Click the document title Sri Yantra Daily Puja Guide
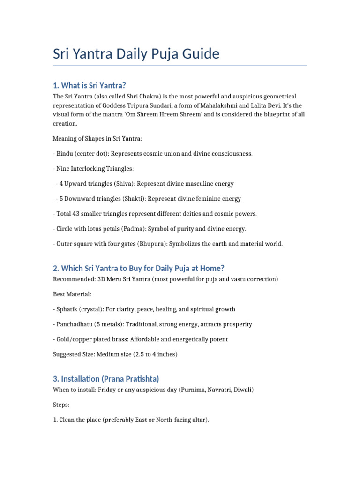pos(136,54)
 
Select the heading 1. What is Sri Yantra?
pos(90,85)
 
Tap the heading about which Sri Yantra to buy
pos(139,268)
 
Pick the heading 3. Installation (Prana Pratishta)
pos(106,379)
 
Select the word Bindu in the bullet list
pos(65,154)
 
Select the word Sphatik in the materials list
pos(67,309)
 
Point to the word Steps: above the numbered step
pos(61,405)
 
